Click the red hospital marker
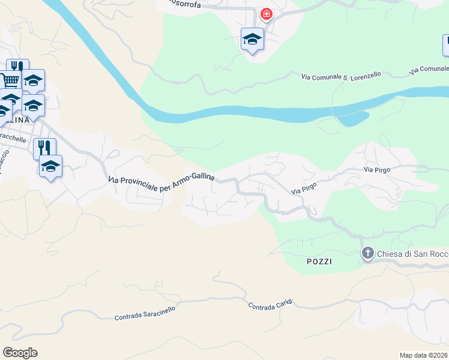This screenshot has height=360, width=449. (265, 14)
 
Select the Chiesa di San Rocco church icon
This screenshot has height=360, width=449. (367, 254)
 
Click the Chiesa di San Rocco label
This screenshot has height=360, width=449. (412, 254)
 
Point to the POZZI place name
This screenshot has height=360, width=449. (318, 262)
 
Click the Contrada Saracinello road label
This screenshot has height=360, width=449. (145, 313)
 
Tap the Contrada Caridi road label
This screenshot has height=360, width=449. (271, 305)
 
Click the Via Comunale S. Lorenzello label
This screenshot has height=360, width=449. (341, 76)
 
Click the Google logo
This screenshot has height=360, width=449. (20, 353)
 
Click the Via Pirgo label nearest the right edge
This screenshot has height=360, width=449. (377, 170)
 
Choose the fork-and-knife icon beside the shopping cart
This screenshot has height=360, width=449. (17, 67)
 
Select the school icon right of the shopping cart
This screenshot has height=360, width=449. (34, 80)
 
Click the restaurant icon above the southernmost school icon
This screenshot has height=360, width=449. (44, 148)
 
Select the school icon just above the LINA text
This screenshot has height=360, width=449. (33, 106)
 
